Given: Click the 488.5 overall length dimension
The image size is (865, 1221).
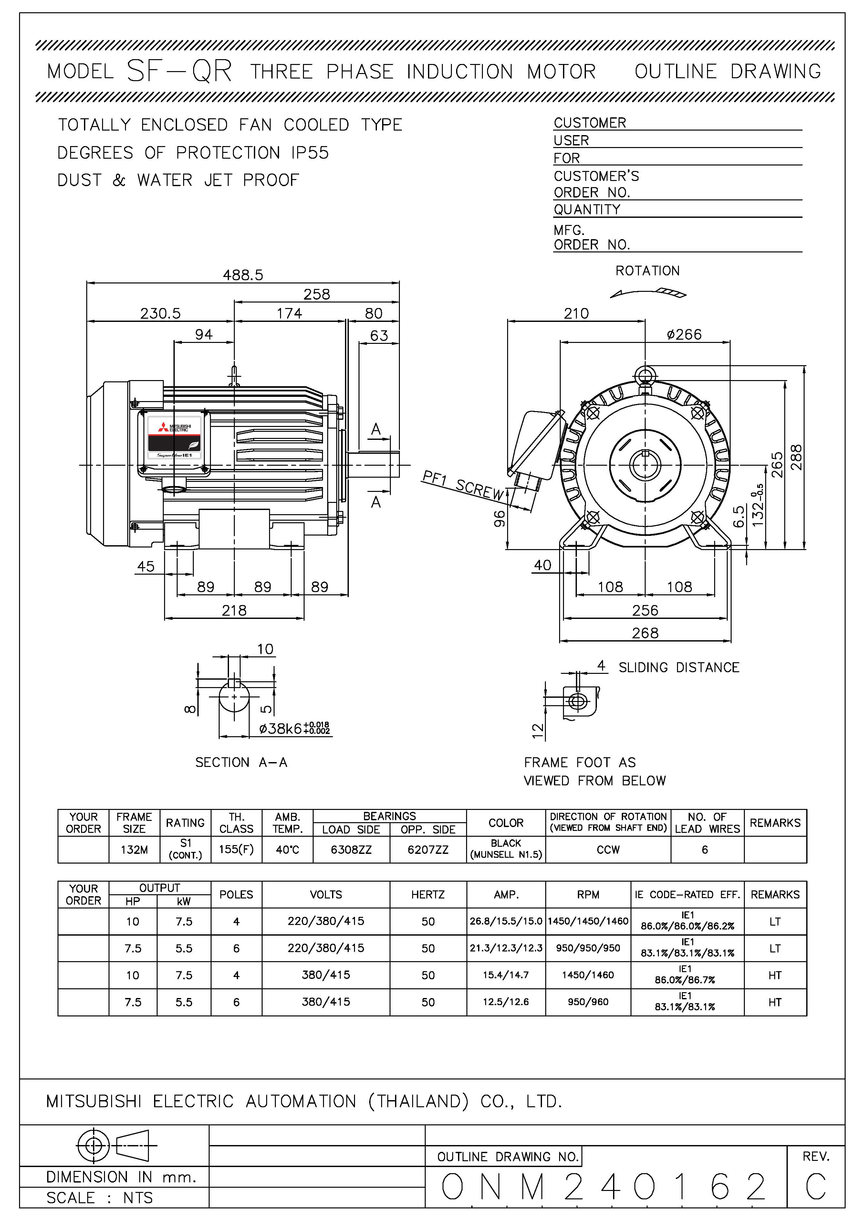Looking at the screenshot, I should (x=243, y=275).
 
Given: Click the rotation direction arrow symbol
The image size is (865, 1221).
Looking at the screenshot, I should (x=648, y=292).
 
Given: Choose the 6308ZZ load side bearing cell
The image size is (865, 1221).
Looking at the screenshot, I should (x=351, y=850).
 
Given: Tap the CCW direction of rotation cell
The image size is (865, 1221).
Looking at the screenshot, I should (x=608, y=850).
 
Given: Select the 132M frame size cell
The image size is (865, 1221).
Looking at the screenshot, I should (x=134, y=850).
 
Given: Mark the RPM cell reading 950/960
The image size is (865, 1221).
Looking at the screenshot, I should (x=588, y=1002).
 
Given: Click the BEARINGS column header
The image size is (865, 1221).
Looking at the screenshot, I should (x=389, y=816).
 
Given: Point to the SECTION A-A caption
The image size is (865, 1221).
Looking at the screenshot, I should (x=241, y=762).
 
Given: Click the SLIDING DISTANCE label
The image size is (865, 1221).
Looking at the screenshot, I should (x=679, y=667).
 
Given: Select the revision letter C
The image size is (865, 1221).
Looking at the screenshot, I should (x=816, y=1187).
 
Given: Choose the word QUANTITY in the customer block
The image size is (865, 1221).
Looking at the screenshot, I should (x=587, y=209).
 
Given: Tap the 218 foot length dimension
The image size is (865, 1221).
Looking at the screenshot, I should (x=234, y=610).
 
